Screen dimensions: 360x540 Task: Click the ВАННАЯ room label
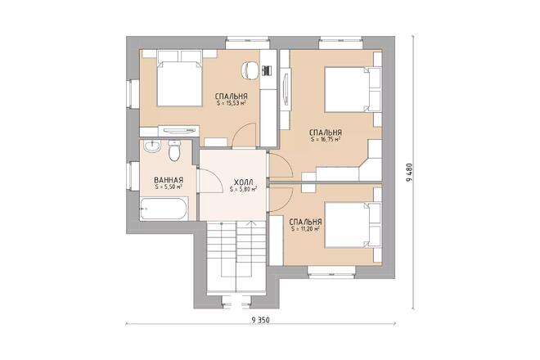[x=168, y=180]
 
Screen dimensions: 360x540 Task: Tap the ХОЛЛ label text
[x=243, y=182]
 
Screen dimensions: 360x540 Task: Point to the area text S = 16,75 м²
[x=326, y=140]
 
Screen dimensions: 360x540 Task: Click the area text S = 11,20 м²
[x=305, y=229]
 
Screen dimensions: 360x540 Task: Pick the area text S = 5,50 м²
[x=168, y=187]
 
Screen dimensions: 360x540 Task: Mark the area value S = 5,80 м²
[x=243, y=190]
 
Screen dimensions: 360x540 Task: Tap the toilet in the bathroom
[x=173, y=152]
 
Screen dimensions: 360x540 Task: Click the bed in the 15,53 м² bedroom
[x=175, y=79]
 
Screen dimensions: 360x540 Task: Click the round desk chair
[x=251, y=70]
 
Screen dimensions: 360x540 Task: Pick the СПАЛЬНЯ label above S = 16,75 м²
[x=326, y=132]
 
